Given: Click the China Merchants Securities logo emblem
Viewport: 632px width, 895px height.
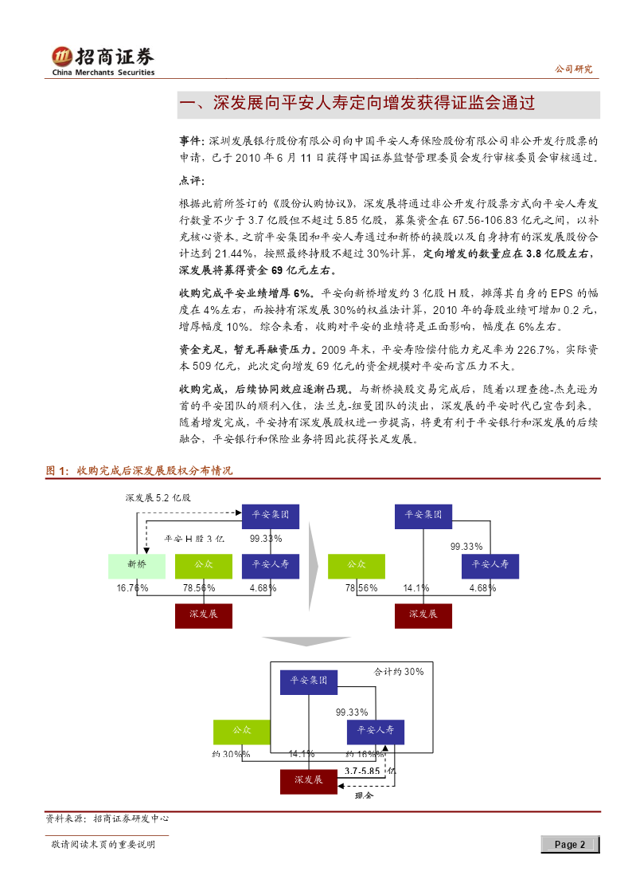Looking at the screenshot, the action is click(x=61, y=57).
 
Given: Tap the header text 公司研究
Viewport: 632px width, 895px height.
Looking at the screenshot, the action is click(x=573, y=69).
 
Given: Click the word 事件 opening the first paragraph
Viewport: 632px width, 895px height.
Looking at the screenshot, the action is click(x=190, y=141).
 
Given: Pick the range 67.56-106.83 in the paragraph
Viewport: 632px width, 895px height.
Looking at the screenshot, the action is click(x=485, y=220).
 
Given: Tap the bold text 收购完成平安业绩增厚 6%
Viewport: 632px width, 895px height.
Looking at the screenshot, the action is click(x=246, y=293).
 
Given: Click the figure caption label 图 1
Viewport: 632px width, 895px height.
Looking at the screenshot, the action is click(x=57, y=471).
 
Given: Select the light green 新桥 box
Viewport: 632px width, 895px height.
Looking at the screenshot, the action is click(x=137, y=566).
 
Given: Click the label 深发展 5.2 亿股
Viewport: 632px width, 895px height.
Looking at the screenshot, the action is click(x=158, y=498).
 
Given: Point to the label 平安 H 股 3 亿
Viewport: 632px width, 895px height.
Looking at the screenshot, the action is click(x=193, y=539).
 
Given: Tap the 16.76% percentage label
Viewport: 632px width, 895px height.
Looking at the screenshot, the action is click(x=132, y=588).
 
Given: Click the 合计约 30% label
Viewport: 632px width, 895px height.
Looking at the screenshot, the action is click(x=398, y=672).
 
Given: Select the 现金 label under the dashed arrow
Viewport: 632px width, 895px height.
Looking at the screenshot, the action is click(x=364, y=795).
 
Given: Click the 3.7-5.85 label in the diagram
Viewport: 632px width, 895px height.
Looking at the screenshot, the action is click(x=362, y=771).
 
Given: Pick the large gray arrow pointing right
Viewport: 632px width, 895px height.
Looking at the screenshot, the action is click(x=314, y=566).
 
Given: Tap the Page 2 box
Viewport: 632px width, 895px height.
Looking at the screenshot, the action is click(x=570, y=844).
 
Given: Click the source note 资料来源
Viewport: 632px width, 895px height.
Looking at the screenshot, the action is click(x=107, y=818).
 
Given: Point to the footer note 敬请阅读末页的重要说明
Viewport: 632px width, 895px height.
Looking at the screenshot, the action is click(x=103, y=844).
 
